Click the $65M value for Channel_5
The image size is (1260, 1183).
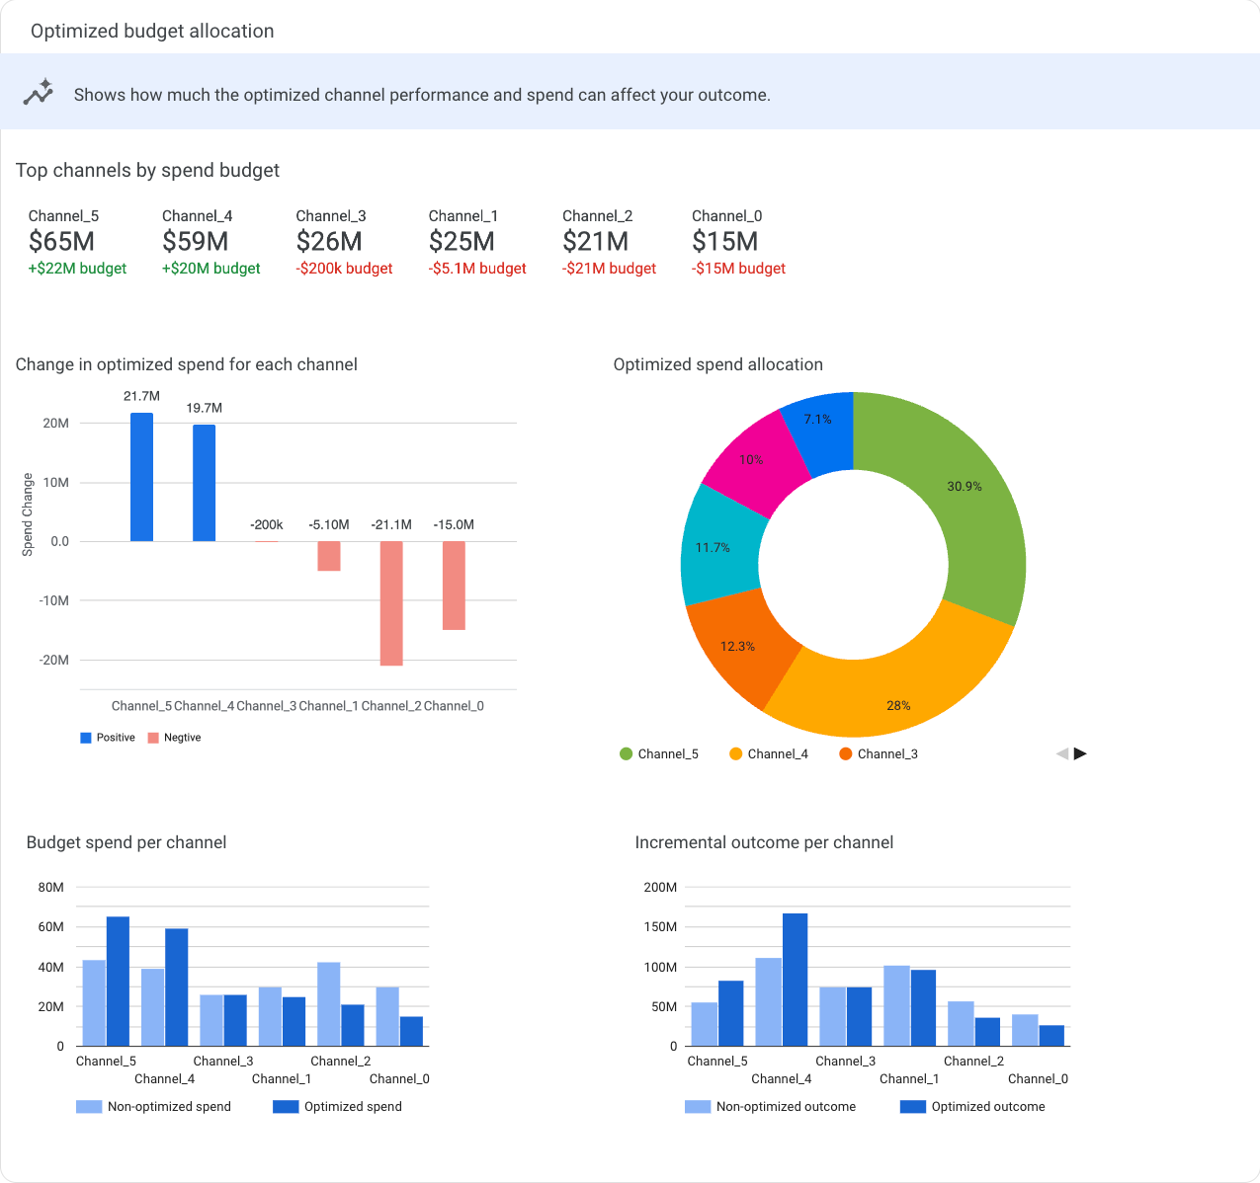61,241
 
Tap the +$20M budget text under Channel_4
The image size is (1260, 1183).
210,269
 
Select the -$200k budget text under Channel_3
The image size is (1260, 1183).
344,269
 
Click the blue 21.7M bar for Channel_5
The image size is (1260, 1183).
141,477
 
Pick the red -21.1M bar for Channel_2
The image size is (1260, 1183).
391,603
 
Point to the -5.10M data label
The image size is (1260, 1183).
329,524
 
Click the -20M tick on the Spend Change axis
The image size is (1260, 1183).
54,660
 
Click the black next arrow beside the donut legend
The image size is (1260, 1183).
1080,753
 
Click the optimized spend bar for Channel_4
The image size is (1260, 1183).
177,986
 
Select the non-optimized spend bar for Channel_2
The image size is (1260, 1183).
329,1003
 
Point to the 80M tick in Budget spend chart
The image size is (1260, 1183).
51,887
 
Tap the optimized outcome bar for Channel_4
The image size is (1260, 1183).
795,979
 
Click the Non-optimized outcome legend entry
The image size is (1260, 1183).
771,1107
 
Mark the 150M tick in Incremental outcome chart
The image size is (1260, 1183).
660,926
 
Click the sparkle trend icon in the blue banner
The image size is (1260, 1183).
39,92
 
